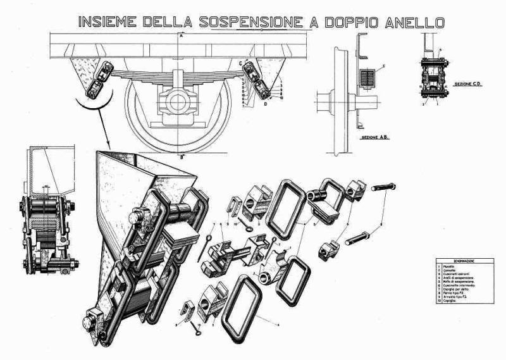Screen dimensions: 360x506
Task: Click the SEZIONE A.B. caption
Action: tap(374, 137)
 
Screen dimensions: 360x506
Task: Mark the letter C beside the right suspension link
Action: tap(241, 64)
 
